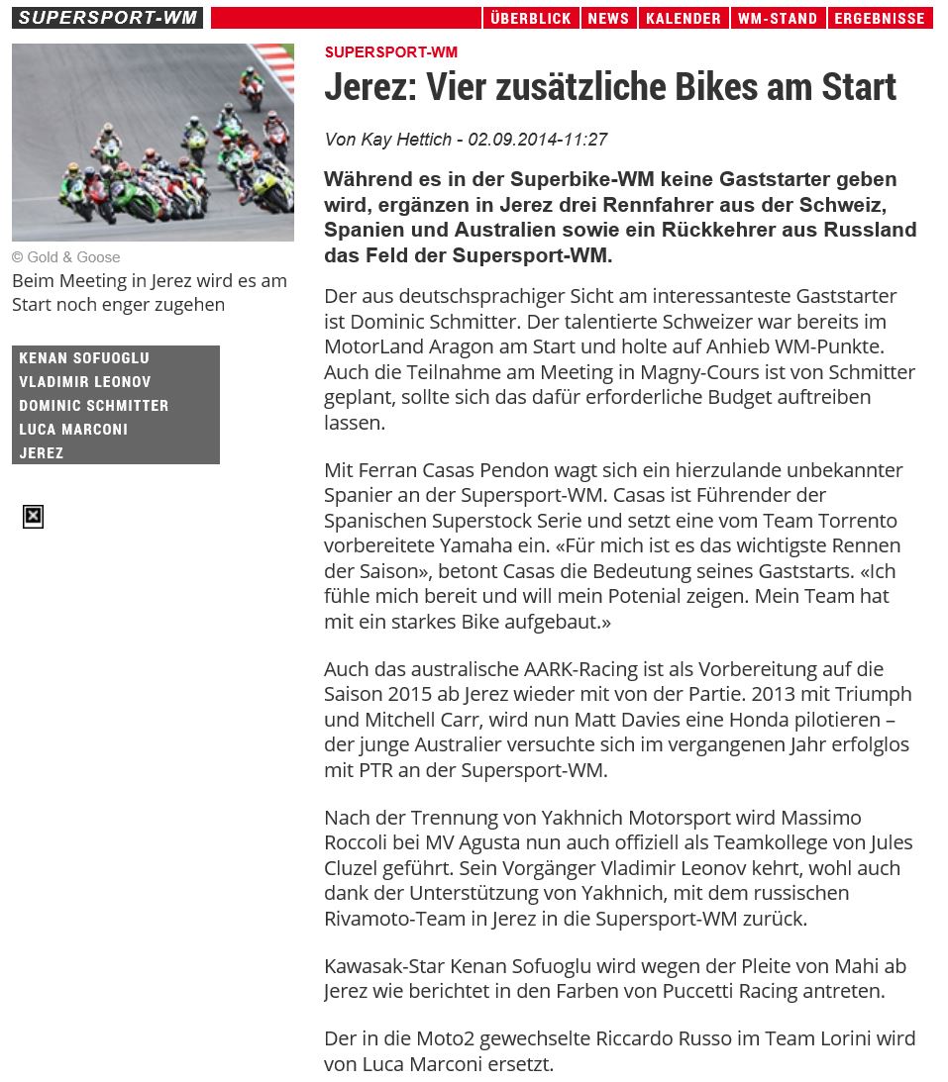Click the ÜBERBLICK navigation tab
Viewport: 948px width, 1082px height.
coord(530,18)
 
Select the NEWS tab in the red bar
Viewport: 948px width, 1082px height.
coord(607,18)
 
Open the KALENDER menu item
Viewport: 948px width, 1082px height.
coord(683,18)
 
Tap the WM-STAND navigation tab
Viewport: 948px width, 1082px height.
coord(778,18)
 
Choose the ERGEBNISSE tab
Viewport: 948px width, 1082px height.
coord(880,18)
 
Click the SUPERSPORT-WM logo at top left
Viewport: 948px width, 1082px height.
coord(107,18)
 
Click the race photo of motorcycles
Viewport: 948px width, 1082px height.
coord(153,142)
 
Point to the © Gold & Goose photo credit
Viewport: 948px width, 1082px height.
coord(66,257)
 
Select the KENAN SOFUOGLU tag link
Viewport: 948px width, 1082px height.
coord(84,357)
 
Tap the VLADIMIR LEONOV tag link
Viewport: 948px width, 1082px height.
coord(85,381)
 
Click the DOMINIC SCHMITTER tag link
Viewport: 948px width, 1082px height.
coord(94,405)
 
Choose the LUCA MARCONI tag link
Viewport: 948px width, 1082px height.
coord(73,429)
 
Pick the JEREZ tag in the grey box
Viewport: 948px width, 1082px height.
coord(42,452)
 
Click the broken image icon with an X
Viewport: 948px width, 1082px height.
coord(33,516)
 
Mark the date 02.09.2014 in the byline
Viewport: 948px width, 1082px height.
coord(510,140)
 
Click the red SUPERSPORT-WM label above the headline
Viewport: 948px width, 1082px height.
coord(390,52)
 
